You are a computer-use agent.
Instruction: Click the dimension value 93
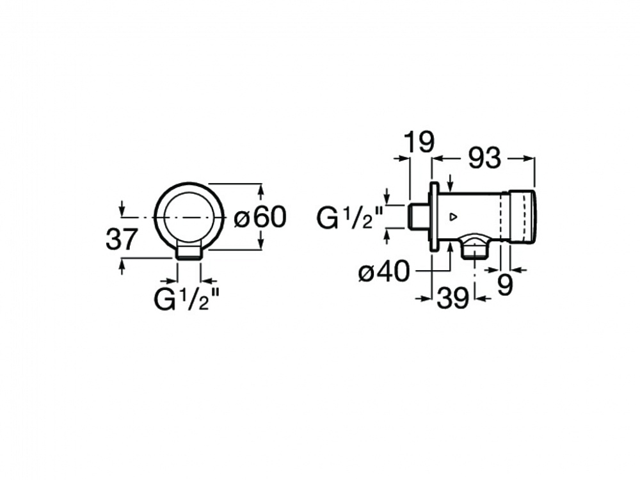coord(484,158)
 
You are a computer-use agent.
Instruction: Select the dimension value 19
coord(419,142)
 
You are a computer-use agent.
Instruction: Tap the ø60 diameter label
coord(260,217)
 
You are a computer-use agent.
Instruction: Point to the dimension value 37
coord(120,239)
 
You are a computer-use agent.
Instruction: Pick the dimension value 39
coord(453,298)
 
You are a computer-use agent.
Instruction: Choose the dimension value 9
coord(505,285)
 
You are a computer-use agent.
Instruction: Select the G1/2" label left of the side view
coord(350,218)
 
